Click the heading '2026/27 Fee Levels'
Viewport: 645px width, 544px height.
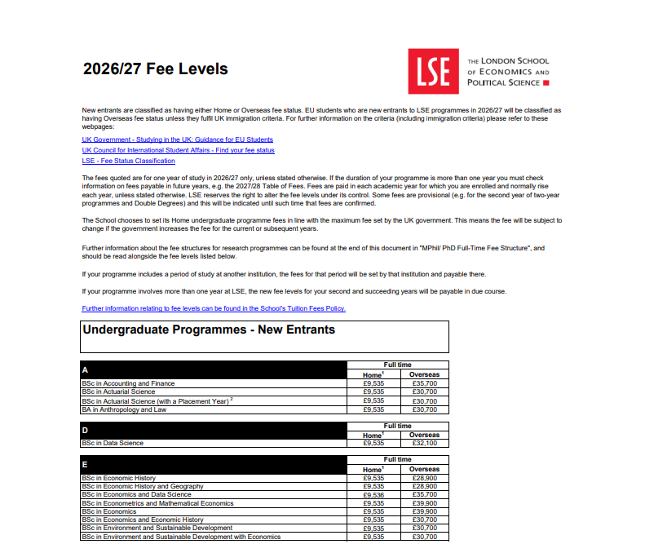tap(155, 69)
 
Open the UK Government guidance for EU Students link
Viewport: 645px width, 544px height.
tap(177, 139)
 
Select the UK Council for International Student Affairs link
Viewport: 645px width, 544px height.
tap(178, 150)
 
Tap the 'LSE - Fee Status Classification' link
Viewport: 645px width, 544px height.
tap(128, 161)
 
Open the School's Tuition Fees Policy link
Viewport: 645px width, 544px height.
tap(214, 308)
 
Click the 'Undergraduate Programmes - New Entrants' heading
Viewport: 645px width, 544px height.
tap(209, 330)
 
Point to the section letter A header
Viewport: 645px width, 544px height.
tap(85, 369)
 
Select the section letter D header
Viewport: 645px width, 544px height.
tap(85, 430)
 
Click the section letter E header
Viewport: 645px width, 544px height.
tap(85, 465)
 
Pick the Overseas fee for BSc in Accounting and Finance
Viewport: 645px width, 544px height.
tap(424, 383)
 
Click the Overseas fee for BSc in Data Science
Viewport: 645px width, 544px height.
tap(424, 443)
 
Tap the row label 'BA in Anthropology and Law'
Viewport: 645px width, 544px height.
tap(125, 409)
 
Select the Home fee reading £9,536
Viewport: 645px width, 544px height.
tap(373, 494)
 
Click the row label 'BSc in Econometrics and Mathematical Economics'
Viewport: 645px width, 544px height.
tap(157, 503)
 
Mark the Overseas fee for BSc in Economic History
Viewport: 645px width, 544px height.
tap(424, 477)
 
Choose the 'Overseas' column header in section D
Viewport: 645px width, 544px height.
tap(424, 435)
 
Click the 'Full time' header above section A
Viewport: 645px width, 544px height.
tap(398, 365)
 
